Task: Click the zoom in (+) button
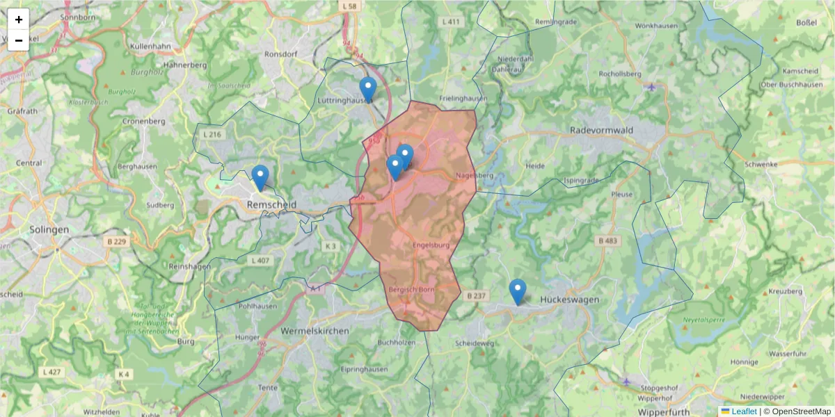pyautogui.click(x=19, y=19)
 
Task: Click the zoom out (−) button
pyautogui.click(x=19, y=40)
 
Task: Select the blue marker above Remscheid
pyautogui.click(x=260, y=177)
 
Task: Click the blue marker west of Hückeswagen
pyautogui.click(x=517, y=291)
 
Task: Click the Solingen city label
pyautogui.click(x=49, y=229)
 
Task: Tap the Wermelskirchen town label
pyautogui.click(x=315, y=332)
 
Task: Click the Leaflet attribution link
pyautogui.click(x=743, y=411)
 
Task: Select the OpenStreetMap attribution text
pyautogui.click(x=797, y=411)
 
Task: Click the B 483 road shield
pyautogui.click(x=607, y=240)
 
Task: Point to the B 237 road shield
pyautogui.click(x=476, y=296)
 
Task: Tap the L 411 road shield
pyautogui.click(x=451, y=22)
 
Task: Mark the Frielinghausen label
pyautogui.click(x=463, y=99)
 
